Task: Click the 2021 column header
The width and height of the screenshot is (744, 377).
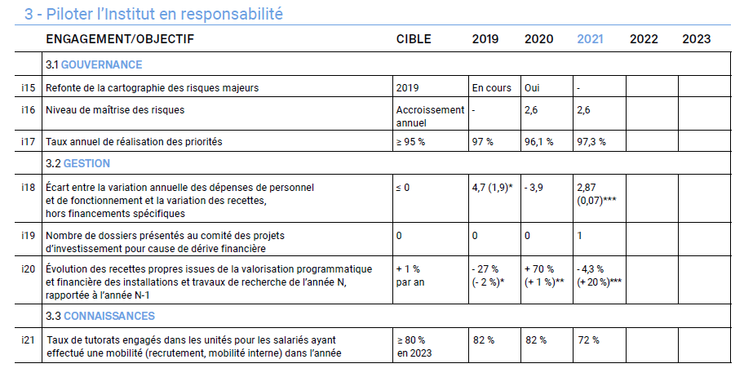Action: (x=591, y=39)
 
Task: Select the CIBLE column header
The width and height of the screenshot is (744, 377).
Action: (x=414, y=39)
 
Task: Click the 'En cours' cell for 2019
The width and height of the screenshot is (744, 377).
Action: (x=491, y=87)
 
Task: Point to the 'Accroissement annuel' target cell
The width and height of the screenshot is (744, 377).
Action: (x=430, y=116)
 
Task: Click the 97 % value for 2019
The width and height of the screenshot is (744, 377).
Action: (x=483, y=142)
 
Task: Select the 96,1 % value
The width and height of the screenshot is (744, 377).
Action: (x=538, y=142)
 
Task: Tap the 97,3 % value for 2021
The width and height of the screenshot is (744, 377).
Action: (x=591, y=142)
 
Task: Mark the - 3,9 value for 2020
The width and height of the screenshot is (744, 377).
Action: (x=536, y=188)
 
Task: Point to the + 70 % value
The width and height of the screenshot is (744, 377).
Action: (x=539, y=269)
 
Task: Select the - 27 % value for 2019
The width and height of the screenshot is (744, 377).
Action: (x=485, y=269)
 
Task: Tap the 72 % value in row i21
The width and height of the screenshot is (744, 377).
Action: (x=587, y=340)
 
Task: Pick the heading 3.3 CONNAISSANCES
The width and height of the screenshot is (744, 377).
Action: (x=100, y=316)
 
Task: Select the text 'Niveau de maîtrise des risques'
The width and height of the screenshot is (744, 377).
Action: (x=115, y=110)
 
